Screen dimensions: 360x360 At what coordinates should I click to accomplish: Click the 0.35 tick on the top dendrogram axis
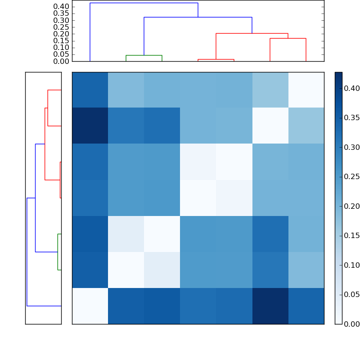(61, 13)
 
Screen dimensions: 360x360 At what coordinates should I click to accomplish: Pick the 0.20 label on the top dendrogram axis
(61, 34)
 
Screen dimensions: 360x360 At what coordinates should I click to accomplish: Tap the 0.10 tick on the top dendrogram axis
(61, 47)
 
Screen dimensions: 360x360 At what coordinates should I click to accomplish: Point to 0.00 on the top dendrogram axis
(61, 61)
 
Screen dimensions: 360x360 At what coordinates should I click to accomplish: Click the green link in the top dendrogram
(144, 55)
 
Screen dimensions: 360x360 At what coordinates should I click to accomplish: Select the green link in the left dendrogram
(58, 252)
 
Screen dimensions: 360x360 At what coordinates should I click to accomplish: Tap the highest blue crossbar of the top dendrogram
(144, 3)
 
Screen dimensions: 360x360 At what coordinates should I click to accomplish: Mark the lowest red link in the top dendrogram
(216, 59)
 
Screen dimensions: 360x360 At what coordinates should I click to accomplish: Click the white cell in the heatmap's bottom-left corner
(90, 306)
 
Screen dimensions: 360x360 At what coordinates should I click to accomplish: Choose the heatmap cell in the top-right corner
(306, 90)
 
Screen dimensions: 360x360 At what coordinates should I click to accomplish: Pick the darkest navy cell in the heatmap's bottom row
(270, 306)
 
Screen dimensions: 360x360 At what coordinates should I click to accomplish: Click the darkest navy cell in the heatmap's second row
(90, 126)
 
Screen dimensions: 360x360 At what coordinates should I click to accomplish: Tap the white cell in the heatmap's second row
(270, 126)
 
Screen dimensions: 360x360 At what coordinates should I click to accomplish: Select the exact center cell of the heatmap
(198, 198)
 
